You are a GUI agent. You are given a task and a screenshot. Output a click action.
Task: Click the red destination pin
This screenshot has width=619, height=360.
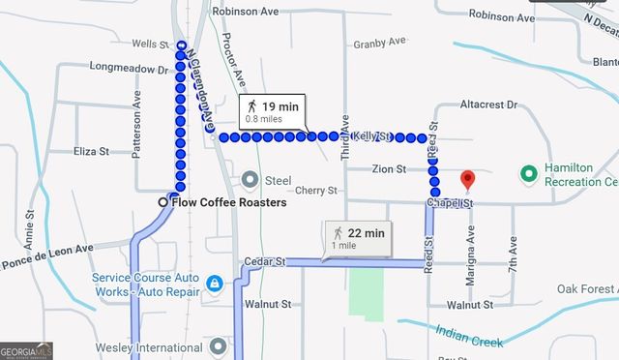pos(468,180)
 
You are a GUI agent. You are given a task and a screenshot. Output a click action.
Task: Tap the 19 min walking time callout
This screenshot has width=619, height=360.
pos(273,110)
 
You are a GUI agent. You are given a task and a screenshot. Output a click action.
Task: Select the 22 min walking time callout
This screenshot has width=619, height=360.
pos(359,237)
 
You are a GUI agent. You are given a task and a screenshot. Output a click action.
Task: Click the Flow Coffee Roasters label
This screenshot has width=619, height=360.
pos(229,202)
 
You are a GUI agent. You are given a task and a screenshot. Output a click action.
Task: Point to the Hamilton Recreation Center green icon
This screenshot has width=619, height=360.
pos(528,173)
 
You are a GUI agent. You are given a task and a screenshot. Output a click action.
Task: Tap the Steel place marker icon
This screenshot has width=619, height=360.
pos(251,179)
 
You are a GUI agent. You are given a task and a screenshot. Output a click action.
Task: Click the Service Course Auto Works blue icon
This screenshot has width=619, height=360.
pos(215,283)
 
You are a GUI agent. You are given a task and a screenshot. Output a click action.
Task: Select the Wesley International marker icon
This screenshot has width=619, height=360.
pos(219,345)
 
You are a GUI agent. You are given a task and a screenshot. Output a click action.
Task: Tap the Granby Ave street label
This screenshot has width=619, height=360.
pos(380,44)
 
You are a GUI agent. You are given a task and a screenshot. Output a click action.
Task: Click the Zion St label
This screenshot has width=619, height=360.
pos(388,169)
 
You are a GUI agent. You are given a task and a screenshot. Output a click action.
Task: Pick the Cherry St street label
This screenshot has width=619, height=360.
pos(316,191)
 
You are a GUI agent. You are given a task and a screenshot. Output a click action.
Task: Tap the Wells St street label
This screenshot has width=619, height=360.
pos(150,44)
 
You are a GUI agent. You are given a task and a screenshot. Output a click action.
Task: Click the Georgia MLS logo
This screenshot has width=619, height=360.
pos(26,351)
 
